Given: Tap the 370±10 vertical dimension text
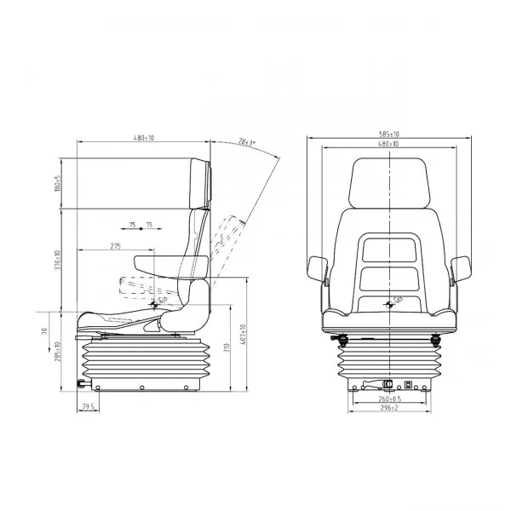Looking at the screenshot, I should tap(58, 259).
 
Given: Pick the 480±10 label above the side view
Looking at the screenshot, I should tap(142, 137).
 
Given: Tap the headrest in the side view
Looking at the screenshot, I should tap(200, 181).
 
